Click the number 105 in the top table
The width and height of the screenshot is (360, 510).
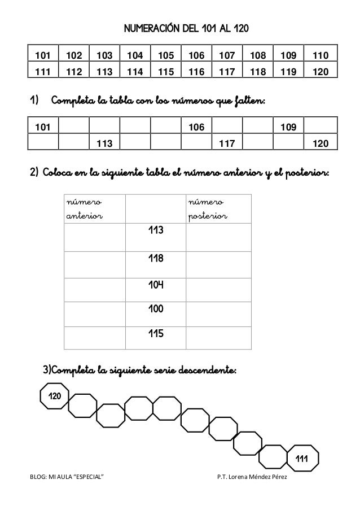[x=164, y=55]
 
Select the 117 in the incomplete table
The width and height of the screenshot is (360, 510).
[x=227, y=144]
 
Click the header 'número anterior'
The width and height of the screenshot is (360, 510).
[x=82, y=208]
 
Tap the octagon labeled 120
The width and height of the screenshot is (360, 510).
[x=55, y=397]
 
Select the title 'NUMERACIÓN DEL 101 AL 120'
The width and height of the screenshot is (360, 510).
[x=180, y=28]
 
